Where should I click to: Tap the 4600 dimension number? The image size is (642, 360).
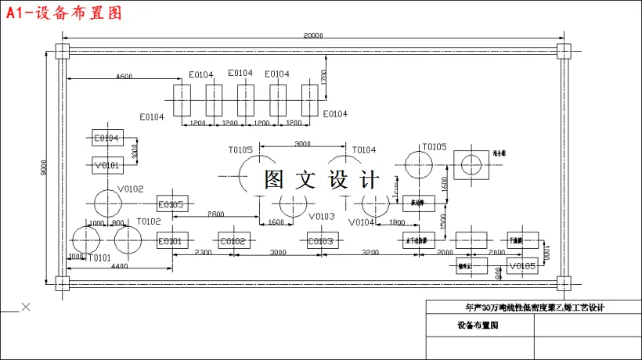pos(124,76)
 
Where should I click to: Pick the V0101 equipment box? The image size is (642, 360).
pos(107,165)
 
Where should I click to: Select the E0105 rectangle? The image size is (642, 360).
pos(171,205)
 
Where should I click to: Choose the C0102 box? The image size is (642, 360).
pos(233,241)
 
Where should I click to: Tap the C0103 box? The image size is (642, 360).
pos(320,241)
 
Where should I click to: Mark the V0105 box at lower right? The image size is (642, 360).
pos(522,267)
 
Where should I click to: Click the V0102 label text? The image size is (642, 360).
pos(131,189)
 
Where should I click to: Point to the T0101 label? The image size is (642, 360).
pos(99,258)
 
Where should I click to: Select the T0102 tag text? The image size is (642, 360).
pos(149,221)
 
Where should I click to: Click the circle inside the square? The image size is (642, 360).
pos(471,165)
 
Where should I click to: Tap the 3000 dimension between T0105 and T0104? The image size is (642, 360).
pos(302,144)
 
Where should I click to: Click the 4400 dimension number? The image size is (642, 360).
pos(118,267)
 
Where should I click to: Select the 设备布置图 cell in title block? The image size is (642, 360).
pos(478,325)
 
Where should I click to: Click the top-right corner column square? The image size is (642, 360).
pos(564,51)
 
